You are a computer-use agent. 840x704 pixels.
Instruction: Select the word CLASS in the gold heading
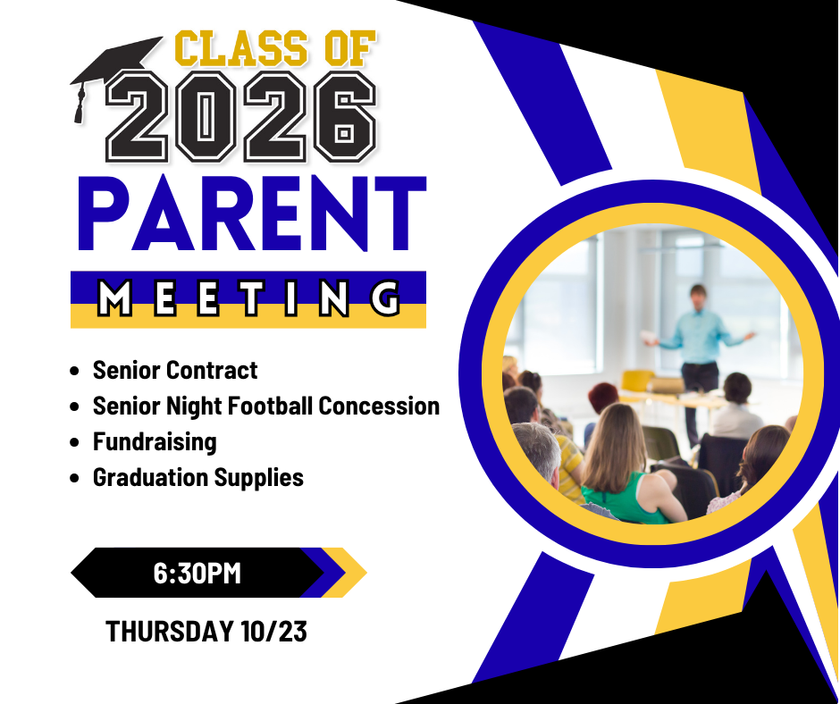point(241,49)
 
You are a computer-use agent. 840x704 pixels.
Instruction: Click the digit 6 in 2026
point(344,116)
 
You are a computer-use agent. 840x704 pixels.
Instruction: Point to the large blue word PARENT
point(252,214)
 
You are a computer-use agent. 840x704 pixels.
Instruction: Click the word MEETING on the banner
point(248,298)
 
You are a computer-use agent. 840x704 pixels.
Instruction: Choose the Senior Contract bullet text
point(175,370)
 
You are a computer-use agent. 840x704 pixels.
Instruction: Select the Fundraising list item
point(155,442)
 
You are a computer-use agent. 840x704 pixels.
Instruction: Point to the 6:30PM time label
point(197,574)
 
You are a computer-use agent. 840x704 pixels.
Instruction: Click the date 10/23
point(273,631)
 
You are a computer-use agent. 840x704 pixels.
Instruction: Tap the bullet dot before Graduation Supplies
point(74,478)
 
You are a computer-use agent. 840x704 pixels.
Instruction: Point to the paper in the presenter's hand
point(649,337)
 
